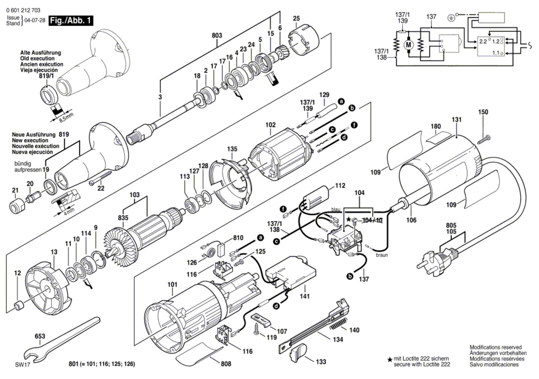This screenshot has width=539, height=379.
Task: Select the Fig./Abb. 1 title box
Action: pyautogui.click(x=71, y=21)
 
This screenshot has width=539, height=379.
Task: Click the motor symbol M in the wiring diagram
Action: pyautogui.click(x=408, y=45)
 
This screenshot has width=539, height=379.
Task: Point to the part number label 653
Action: pyautogui.click(x=40, y=336)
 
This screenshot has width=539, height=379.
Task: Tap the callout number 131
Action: pyautogui.click(x=456, y=120)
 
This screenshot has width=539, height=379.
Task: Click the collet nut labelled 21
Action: pyautogui.click(x=17, y=206)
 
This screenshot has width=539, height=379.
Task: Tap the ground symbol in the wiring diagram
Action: pyautogui.click(x=451, y=17)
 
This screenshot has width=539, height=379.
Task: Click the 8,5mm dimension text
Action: pyautogui.click(x=66, y=118)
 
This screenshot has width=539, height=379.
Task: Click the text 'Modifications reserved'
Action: pyautogui.click(x=496, y=347)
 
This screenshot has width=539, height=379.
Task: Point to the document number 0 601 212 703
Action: pyautogui.click(x=23, y=10)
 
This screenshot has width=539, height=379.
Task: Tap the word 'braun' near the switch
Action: pyautogui.click(x=382, y=255)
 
